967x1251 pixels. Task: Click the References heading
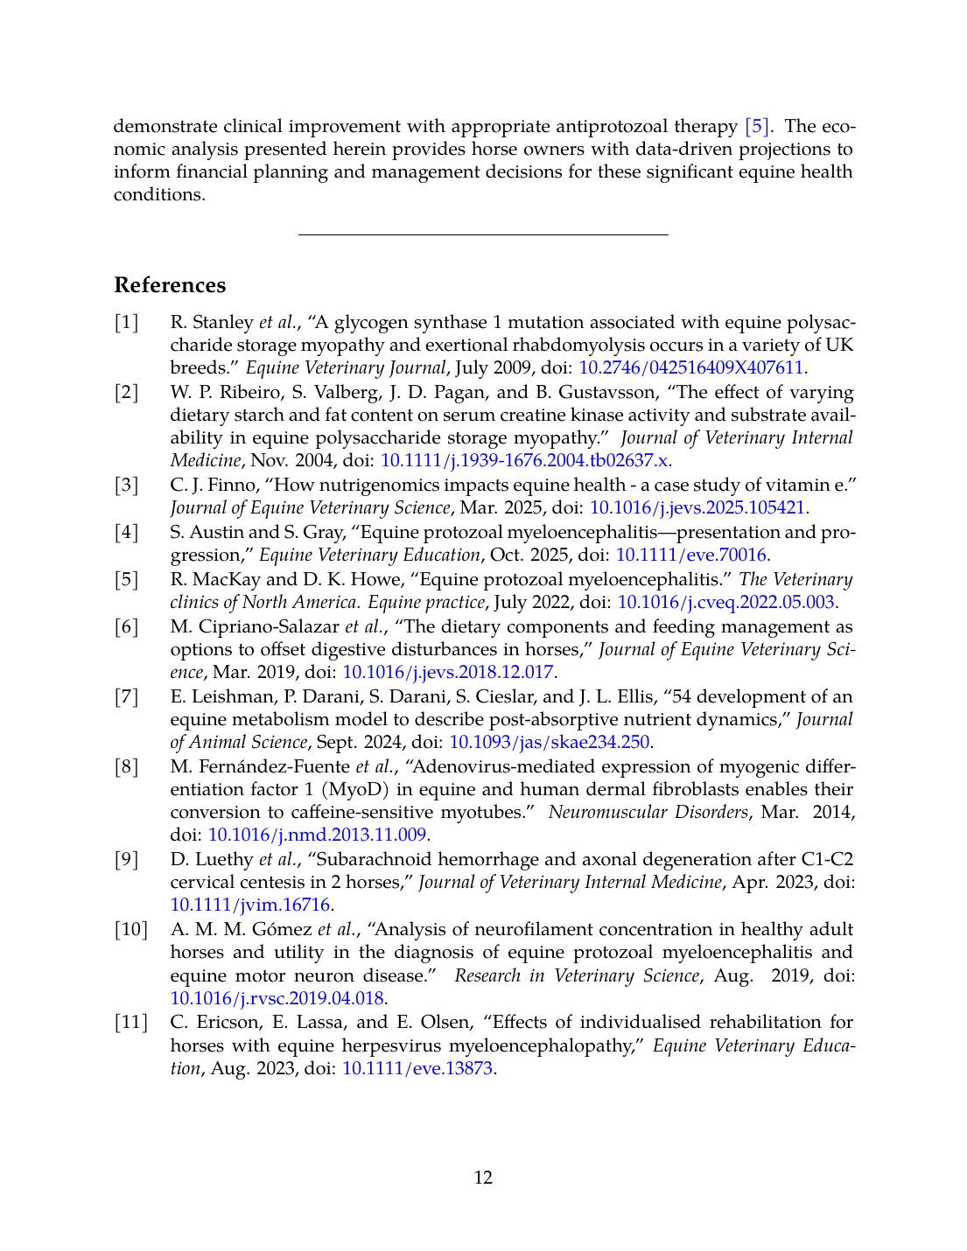(170, 285)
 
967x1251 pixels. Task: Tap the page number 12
(483, 1178)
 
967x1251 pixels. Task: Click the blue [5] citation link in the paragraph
(757, 126)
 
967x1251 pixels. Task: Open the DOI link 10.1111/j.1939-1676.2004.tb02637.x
(524, 460)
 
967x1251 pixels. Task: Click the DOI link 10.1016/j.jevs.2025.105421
(697, 507)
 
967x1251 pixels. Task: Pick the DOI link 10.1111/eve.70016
(691, 555)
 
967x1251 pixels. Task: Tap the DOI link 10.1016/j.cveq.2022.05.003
(725, 602)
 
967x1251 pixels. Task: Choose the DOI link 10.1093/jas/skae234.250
(549, 742)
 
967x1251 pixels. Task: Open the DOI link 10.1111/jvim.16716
(249, 905)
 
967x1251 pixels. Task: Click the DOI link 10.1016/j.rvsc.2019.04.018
(277, 998)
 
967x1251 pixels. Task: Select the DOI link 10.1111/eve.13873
(417, 1068)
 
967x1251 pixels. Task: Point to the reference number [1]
(127, 322)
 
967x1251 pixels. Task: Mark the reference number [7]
(127, 696)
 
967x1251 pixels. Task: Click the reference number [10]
(131, 929)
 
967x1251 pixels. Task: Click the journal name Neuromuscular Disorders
(648, 812)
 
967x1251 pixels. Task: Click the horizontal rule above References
(483, 234)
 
